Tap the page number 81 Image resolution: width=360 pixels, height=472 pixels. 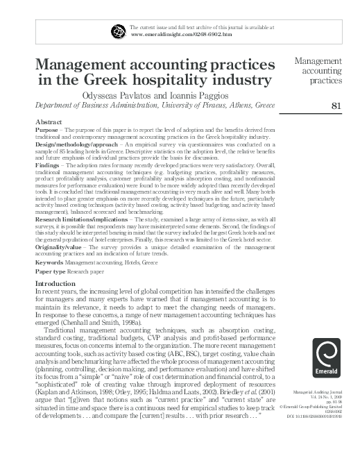pos(338,106)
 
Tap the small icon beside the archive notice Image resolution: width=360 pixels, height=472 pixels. pos(118,30)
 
